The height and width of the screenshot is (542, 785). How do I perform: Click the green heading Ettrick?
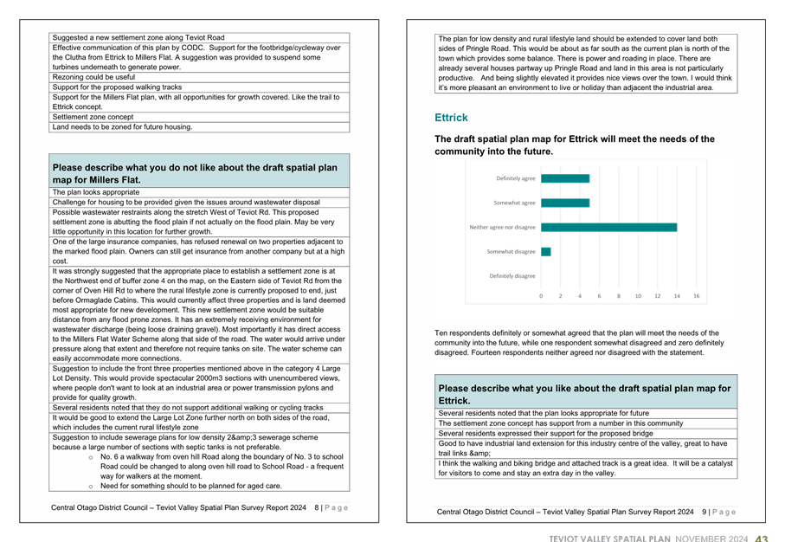pyautogui.click(x=451, y=118)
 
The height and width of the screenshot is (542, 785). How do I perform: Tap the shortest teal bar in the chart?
pyautogui.click(x=545, y=252)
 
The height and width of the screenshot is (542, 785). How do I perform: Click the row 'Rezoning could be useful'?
pyautogui.click(x=94, y=77)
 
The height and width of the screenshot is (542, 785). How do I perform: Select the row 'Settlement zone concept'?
pyautogui.click(x=93, y=116)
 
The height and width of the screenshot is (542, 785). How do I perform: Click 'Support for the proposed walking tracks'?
pyautogui.click(x=118, y=87)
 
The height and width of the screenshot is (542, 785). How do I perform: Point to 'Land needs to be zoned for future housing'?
pyautogui.click(x=122, y=126)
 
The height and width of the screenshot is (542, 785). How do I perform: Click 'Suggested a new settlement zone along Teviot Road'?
pyautogui.click(x=138, y=38)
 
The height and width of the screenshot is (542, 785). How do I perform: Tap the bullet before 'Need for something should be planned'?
pyautogui.click(x=91, y=487)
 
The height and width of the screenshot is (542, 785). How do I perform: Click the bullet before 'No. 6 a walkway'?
pyautogui.click(x=91, y=456)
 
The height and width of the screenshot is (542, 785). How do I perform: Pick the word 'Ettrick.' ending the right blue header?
pyautogui.click(x=455, y=401)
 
